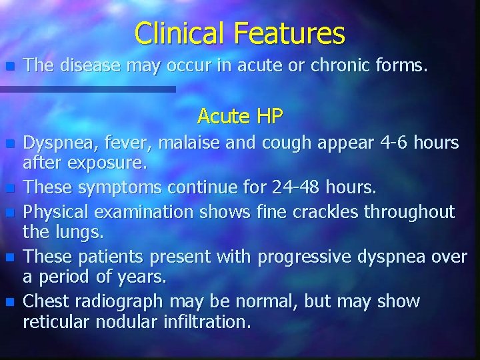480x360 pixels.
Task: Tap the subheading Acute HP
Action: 240,117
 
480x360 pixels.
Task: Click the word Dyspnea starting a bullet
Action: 55,143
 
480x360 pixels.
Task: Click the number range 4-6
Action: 395,143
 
